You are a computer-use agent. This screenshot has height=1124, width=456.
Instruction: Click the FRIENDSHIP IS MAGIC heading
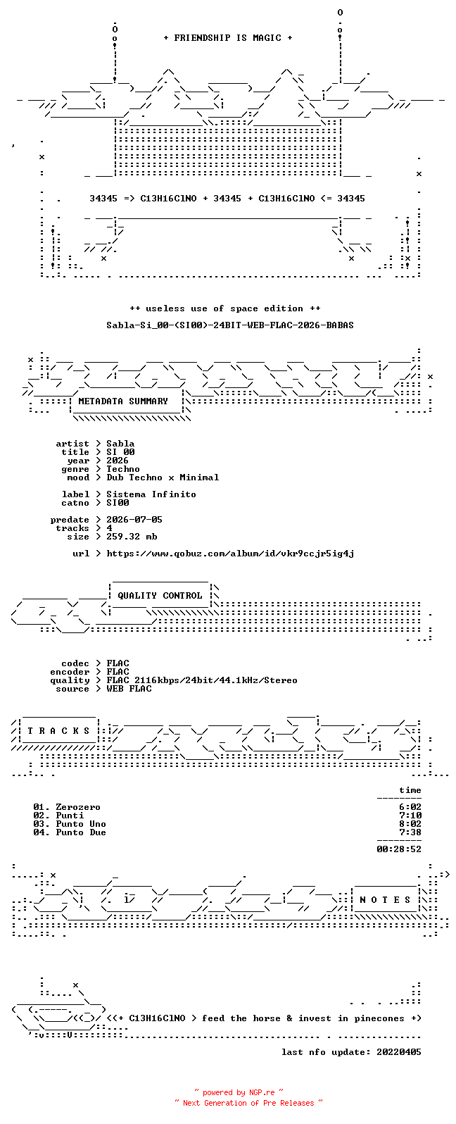(228, 37)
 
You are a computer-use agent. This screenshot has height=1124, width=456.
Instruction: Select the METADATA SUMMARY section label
(123, 401)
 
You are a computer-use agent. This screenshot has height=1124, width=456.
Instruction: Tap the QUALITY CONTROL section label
(160, 596)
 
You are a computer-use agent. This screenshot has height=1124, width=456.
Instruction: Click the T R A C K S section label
(58, 730)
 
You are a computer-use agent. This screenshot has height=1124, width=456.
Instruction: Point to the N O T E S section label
(385, 900)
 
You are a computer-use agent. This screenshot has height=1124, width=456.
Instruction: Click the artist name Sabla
(120, 444)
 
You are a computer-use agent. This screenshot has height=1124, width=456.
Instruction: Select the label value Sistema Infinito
(151, 494)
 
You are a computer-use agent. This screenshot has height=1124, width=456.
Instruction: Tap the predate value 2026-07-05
(134, 519)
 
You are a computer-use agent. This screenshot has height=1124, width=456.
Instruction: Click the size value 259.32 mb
(132, 537)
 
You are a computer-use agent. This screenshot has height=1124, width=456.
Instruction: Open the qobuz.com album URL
(230, 554)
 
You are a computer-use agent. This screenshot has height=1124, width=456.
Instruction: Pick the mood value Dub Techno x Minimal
(163, 477)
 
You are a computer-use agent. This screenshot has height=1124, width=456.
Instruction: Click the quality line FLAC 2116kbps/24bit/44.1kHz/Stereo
(202, 680)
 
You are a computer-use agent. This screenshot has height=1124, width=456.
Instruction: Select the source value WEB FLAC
(129, 689)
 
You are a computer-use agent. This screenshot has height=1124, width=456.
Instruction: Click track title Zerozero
(77, 807)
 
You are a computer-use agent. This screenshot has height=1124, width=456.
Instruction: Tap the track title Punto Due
(81, 832)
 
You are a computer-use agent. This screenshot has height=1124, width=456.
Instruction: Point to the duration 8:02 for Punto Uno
(410, 823)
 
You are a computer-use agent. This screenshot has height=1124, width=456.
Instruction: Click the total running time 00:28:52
(399, 849)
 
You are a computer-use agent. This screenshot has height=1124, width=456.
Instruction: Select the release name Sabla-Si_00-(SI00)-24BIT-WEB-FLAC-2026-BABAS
(229, 325)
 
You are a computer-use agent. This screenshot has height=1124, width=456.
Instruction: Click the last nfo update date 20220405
(399, 1051)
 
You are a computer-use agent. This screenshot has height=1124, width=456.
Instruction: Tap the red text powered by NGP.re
(239, 1092)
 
